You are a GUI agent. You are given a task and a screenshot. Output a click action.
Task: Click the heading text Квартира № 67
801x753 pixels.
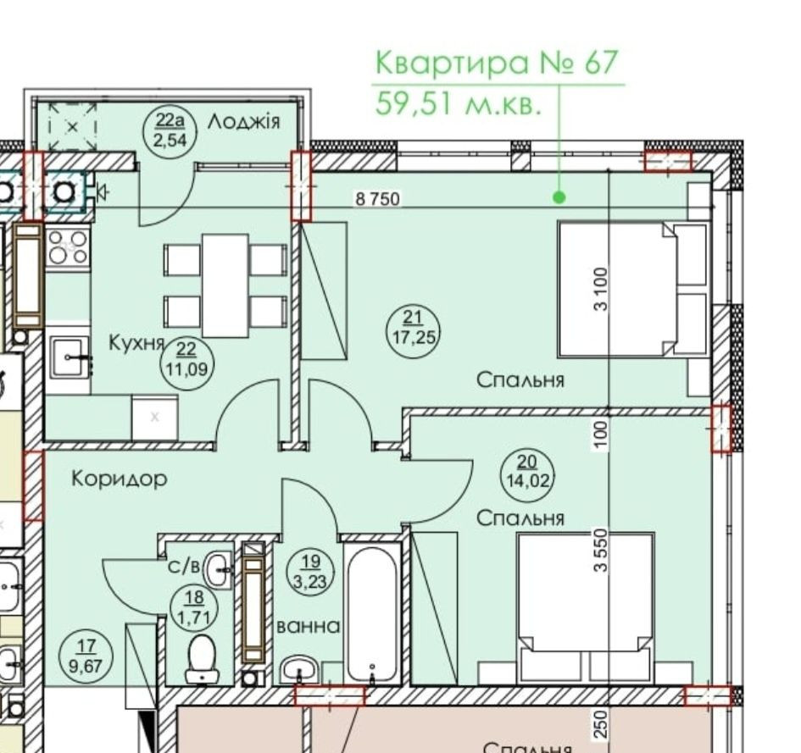coord(497,64)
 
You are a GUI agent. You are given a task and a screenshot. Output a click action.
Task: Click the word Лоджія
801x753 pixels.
coord(243,122)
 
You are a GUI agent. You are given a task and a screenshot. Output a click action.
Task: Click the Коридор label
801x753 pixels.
coord(119,479)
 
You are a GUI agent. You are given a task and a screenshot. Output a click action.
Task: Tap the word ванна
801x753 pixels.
coord(309,627)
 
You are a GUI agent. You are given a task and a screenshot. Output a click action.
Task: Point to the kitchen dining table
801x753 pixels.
coord(225,285)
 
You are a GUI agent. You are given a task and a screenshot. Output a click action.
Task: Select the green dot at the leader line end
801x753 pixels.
coord(559,197)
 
